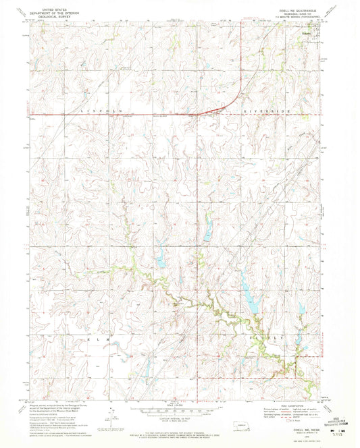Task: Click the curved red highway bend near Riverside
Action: (x=230, y=101)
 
